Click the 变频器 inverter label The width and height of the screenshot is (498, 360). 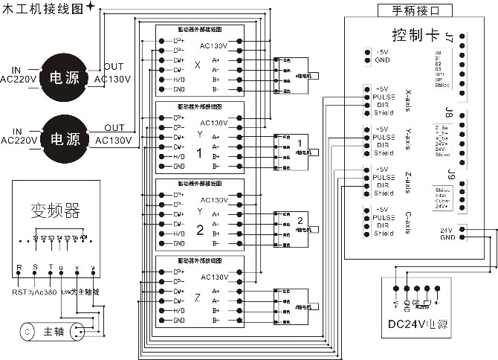click(55, 209)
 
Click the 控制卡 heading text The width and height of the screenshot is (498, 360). click(416, 35)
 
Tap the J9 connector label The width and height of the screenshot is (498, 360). click(449, 176)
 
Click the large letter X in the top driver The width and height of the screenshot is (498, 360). click(197, 65)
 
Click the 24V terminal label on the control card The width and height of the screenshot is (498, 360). click(447, 229)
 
